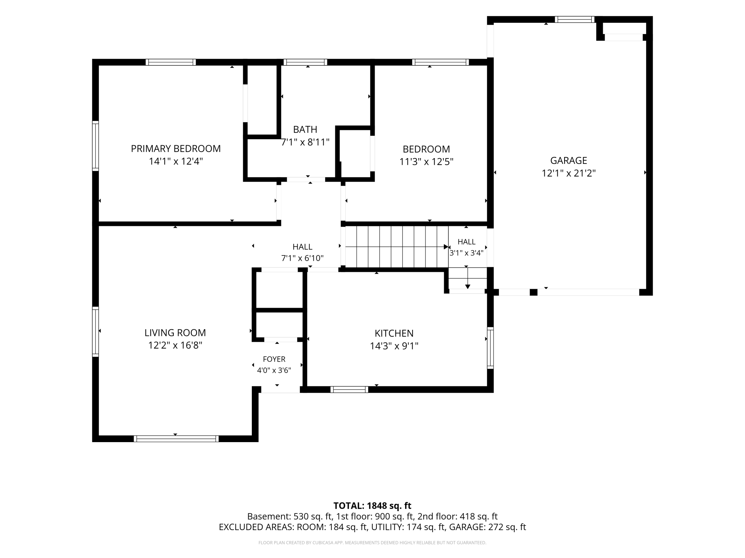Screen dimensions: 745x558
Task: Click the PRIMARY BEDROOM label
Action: [x=176, y=148]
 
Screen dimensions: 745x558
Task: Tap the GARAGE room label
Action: [x=568, y=160]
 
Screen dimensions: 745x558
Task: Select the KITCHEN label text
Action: [x=394, y=333]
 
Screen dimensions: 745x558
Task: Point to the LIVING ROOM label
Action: [x=175, y=333]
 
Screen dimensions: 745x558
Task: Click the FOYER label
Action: [x=274, y=359]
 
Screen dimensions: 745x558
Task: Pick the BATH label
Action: [x=305, y=129]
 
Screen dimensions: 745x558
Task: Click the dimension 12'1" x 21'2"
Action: [x=568, y=173]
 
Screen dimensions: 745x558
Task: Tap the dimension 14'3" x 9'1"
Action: [x=394, y=346]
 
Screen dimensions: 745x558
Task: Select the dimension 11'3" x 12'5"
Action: [x=426, y=162]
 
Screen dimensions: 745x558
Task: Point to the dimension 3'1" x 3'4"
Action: [x=466, y=253]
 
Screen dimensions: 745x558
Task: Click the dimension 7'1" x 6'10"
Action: [x=302, y=258]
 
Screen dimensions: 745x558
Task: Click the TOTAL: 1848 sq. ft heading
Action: [x=372, y=505]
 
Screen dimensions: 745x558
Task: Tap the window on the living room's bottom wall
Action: [x=176, y=439]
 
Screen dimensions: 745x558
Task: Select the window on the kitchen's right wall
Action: [x=490, y=348]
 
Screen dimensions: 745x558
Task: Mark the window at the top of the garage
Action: [x=575, y=19]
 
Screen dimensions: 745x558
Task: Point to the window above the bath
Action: [x=305, y=62]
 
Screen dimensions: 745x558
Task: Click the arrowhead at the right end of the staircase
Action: [x=446, y=247]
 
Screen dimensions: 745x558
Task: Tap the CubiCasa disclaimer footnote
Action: [x=372, y=543]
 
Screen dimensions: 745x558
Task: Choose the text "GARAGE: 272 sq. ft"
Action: [x=487, y=527]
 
